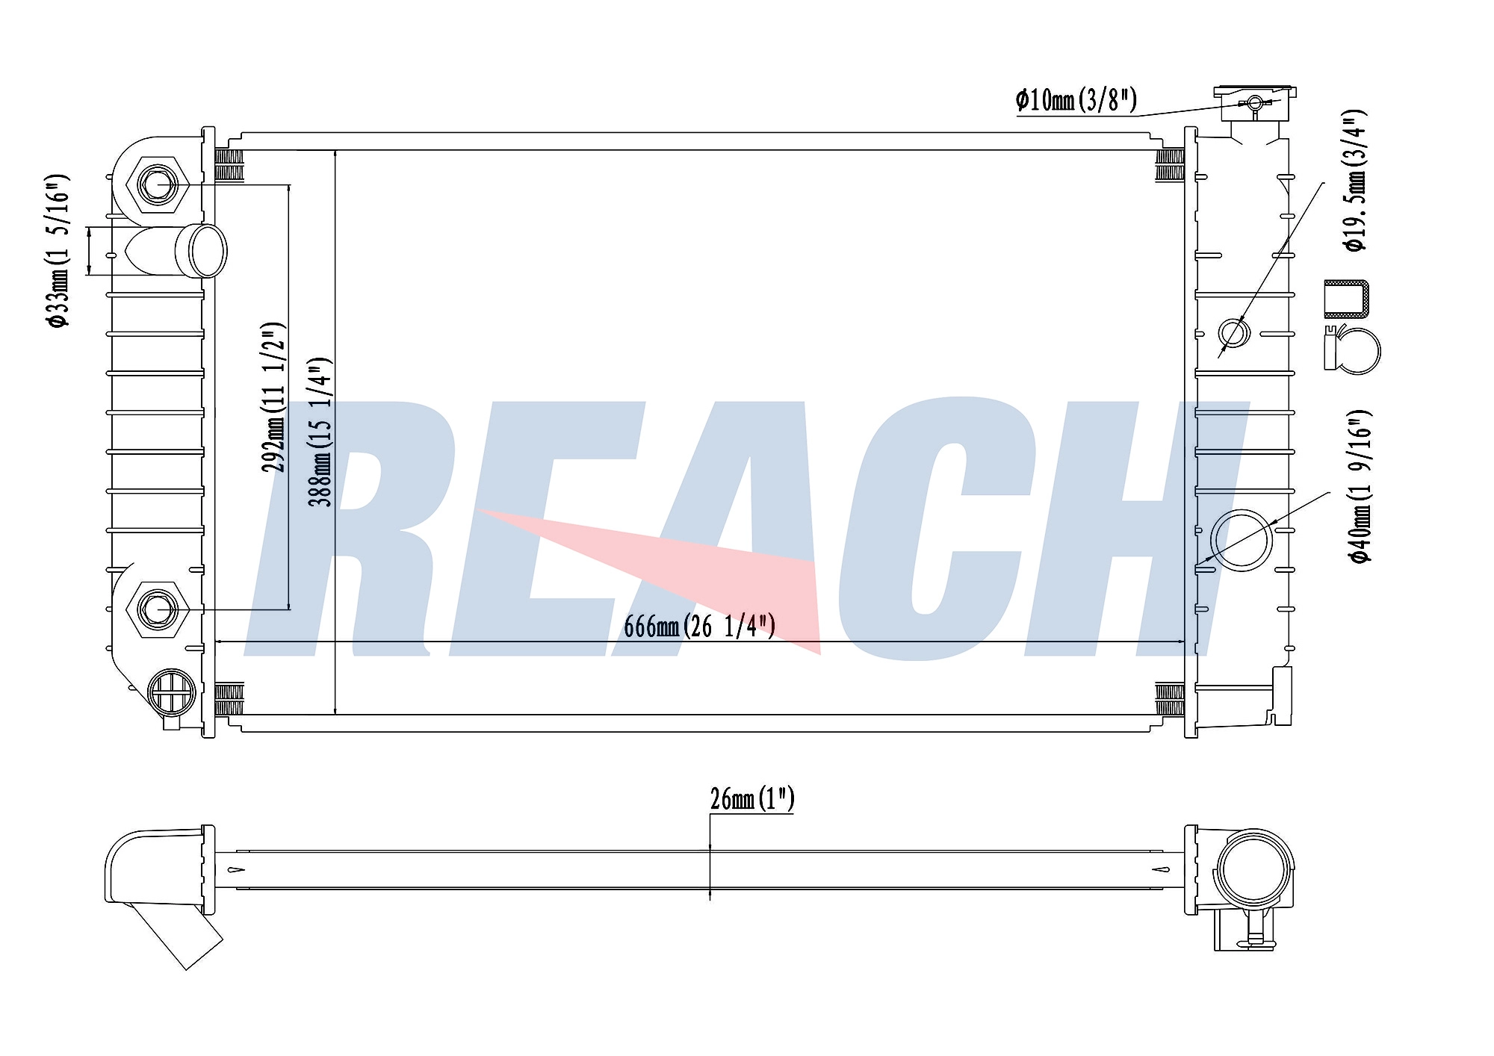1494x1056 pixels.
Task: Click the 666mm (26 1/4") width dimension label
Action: tap(700, 626)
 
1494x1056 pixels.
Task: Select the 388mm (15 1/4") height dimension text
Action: tap(320, 432)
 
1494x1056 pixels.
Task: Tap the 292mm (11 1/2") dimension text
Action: tap(273, 397)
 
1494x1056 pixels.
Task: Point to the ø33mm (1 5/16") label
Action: tap(58, 250)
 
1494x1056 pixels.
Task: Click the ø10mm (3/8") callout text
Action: tap(1076, 99)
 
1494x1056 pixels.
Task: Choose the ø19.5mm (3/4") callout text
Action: tap(1355, 180)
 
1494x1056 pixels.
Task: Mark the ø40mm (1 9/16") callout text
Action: tap(1360, 486)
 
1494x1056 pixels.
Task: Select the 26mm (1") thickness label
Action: tap(752, 798)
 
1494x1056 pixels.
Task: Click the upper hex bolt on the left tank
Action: tap(158, 184)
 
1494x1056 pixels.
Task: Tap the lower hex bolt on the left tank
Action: tap(158, 609)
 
